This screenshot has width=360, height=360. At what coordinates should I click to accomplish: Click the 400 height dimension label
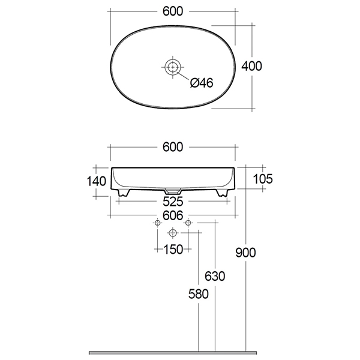[251, 66]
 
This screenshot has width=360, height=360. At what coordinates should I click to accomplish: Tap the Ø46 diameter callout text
[202, 83]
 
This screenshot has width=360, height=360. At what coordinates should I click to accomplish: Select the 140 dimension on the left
[97, 181]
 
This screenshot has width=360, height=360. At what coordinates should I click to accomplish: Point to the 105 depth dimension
[263, 179]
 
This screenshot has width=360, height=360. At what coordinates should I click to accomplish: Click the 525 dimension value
[173, 202]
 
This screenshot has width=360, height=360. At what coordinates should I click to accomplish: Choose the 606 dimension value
[173, 215]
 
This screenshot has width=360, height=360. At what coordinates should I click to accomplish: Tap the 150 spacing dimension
[173, 250]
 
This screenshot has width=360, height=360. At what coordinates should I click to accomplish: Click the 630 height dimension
[215, 276]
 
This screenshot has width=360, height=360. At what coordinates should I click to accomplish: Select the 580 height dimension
[199, 294]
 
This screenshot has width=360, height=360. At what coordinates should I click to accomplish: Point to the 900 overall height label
[245, 253]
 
